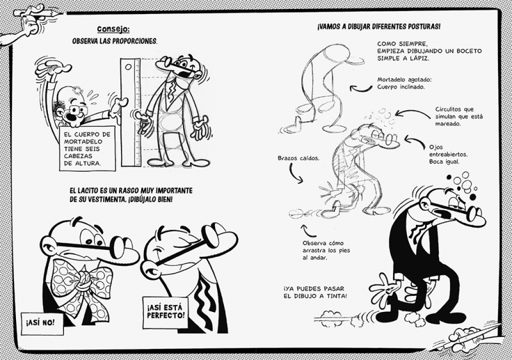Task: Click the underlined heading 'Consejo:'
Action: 113,29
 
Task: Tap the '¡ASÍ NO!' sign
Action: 42,323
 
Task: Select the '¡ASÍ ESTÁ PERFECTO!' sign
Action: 166,312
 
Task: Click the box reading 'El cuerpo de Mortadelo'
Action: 87,148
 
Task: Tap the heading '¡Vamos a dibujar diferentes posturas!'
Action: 378,26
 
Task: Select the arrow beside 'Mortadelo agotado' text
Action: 360,89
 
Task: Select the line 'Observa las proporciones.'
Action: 115,42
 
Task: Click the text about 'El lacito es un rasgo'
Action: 131,195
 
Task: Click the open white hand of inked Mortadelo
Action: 383,288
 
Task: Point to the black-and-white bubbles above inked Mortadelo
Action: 461,185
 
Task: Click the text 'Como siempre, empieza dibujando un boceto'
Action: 429,51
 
